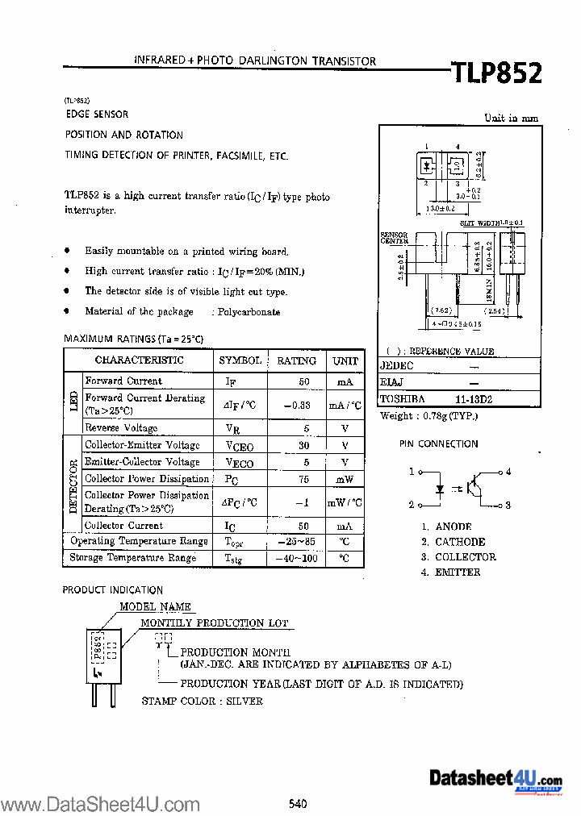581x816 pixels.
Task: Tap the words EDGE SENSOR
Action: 97,114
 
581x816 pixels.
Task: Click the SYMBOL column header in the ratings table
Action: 240,360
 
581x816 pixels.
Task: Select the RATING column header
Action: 296,360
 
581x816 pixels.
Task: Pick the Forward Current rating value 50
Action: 304,381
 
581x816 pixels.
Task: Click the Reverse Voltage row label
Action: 121,428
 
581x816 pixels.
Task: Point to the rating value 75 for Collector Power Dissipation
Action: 304,478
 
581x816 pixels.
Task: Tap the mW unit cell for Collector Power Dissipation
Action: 345,478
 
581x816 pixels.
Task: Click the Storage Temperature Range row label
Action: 133,558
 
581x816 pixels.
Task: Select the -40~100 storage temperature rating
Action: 295,558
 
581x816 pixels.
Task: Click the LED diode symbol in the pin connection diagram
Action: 440,489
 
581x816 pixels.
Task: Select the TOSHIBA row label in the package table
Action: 402,399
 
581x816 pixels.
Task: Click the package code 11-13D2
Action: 473,399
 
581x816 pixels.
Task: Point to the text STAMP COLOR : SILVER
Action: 203,702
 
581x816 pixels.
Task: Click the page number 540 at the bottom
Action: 298,802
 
